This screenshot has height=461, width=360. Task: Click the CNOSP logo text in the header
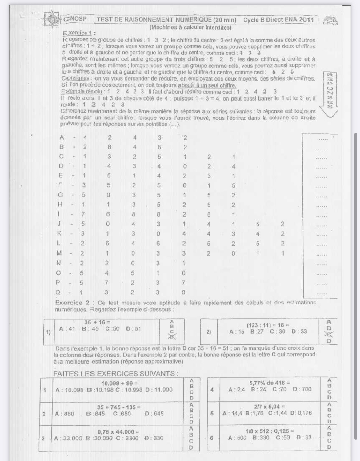[x=75, y=19]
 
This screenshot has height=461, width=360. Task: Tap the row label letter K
[x=59, y=233]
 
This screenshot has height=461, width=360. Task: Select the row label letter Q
[x=58, y=292]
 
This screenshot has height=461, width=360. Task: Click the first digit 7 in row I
[x=83, y=214]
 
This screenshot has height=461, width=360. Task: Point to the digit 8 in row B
[x=109, y=147]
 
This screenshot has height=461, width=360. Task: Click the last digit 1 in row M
[x=282, y=253]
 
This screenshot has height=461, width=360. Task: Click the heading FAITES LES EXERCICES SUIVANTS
[x=115, y=374]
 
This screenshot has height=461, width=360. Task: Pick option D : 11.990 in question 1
[x=159, y=390]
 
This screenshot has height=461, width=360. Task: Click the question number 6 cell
[x=211, y=438]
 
